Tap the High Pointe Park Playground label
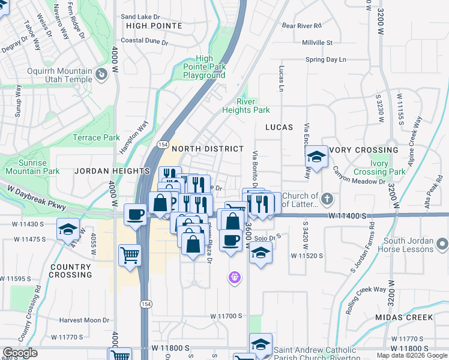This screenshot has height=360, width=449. click(x=204, y=67)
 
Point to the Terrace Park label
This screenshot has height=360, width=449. click(x=96, y=137)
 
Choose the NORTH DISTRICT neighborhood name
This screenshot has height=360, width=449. click(x=208, y=149)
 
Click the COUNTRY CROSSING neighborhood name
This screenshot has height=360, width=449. click(x=71, y=271)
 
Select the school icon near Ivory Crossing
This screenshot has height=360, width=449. click(x=316, y=158)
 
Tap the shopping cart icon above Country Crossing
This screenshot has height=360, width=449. click(x=130, y=256)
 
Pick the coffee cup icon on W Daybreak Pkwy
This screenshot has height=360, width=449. click(x=136, y=214)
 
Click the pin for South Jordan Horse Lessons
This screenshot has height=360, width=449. click(x=442, y=244)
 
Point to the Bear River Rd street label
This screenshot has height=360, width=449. click(x=302, y=26)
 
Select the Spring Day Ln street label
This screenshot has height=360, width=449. click(x=326, y=59)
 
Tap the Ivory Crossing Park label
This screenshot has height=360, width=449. click(x=379, y=168)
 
